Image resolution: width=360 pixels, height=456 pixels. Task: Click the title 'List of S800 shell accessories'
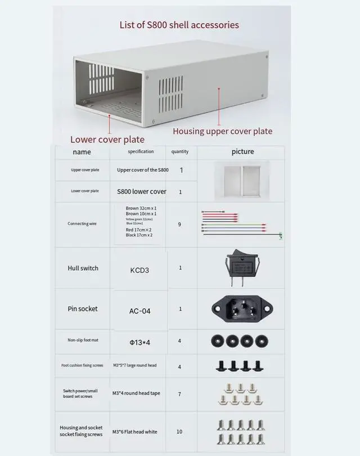[x=179, y=25]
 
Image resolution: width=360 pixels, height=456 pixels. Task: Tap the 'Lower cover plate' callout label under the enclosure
[x=107, y=140]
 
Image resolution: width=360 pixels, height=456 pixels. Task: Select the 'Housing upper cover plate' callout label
[x=222, y=131]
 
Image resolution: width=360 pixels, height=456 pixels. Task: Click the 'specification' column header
[x=141, y=152]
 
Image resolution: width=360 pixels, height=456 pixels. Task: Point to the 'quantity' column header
[x=180, y=152]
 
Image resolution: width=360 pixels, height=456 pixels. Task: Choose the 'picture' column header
[x=242, y=152]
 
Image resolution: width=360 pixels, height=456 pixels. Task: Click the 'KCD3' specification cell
[x=139, y=270]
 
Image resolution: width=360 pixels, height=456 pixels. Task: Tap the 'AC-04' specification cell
[x=139, y=311]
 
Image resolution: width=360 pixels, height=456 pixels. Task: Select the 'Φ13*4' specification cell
[x=139, y=341]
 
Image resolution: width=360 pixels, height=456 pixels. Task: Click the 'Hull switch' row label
[x=83, y=269]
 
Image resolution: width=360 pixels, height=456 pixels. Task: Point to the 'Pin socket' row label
[x=83, y=309]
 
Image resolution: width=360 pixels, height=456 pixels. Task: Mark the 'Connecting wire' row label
[x=83, y=223]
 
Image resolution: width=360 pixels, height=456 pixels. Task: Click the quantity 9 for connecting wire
[x=179, y=225]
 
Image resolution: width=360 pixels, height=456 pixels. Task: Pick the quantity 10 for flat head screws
[x=179, y=432]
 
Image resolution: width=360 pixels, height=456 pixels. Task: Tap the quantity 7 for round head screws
[x=179, y=394]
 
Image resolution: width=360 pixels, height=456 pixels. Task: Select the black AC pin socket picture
[x=242, y=308]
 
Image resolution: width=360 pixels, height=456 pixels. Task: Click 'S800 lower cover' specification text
[x=142, y=191]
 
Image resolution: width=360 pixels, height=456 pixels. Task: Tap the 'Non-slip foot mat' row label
[x=83, y=341]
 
